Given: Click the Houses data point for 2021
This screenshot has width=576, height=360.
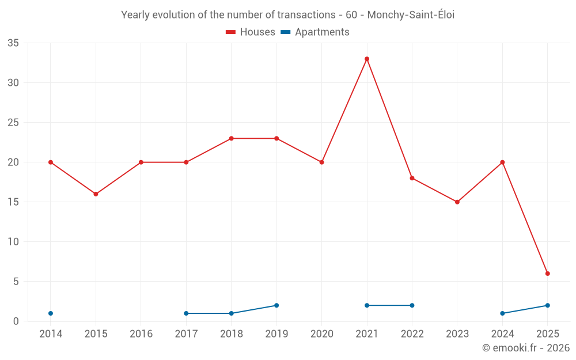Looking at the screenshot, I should [367, 59].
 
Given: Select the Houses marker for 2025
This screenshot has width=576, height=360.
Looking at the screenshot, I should [548, 274].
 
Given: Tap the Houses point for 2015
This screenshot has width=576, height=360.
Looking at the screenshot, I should [96, 194].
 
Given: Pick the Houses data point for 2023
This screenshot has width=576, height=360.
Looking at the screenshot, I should [457, 202].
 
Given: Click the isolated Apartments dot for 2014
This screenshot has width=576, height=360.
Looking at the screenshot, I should [51, 313].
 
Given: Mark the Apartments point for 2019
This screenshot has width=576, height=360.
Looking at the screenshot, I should [276, 305].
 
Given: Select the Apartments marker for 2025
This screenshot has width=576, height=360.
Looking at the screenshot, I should [548, 305].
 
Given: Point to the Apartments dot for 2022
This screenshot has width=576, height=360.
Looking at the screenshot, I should [412, 305].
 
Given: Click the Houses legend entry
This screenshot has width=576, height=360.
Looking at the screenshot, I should [251, 32].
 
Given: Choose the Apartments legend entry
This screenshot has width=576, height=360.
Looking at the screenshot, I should [315, 32].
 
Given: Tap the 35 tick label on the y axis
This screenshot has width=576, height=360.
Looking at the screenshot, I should [13, 43].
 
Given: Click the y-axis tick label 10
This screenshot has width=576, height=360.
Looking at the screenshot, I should [13, 242].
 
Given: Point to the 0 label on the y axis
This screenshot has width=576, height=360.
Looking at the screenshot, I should [16, 321].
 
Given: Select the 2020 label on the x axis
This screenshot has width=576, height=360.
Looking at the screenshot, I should [321, 334].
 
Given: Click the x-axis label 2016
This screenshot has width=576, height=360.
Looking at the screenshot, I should [141, 334].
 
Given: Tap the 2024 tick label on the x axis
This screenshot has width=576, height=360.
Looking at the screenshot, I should [502, 334].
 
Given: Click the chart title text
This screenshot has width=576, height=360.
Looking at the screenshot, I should [287, 15].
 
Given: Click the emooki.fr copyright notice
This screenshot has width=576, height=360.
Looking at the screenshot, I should [525, 348].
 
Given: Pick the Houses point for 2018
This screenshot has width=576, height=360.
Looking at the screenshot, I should [232, 138].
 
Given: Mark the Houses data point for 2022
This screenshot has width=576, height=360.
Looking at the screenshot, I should [412, 178].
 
